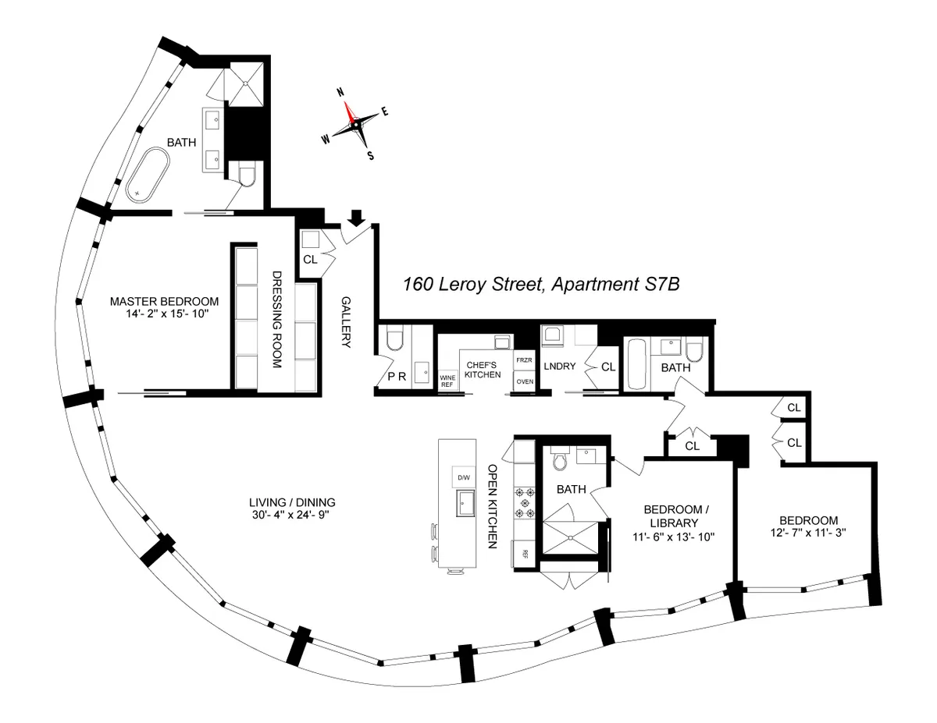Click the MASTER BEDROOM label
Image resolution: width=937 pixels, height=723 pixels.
point(164,301)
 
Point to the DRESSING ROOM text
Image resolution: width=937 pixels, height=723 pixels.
point(276,320)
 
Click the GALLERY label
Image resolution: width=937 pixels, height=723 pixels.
point(346,322)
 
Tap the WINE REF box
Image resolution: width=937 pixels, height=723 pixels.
point(448,380)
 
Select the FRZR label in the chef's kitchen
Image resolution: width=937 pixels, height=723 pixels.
point(524,361)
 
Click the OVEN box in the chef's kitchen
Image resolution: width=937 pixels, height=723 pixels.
point(525,381)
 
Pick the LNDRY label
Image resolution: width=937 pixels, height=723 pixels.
point(561,366)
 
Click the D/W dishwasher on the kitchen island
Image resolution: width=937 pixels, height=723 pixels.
point(459,477)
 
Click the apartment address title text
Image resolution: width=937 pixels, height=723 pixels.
point(541,285)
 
